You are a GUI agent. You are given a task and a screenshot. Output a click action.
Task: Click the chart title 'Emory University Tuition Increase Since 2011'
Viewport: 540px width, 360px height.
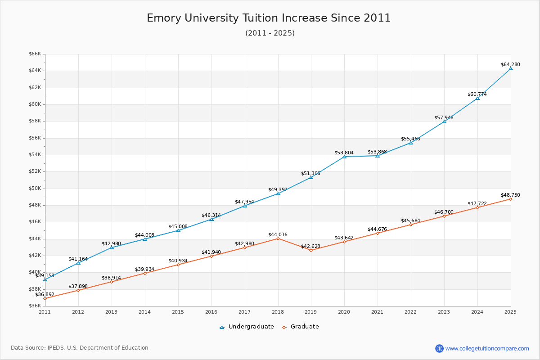pyautogui.click(x=269, y=18)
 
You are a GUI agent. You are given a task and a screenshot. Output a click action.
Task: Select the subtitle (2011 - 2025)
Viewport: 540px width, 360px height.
pyautogui.click(x=270, y=33)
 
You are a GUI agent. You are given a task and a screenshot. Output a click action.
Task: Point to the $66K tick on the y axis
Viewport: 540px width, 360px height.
pyautogui.click(x=35, y=54)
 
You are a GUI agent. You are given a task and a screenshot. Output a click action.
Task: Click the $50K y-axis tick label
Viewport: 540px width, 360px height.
pyautogui.click(x=35, y=188)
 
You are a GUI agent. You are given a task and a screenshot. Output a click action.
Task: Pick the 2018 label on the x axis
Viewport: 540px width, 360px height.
pyautogui.click(x=278, y=311)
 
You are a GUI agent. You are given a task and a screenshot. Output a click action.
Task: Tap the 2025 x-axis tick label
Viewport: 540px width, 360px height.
pyautogui.click(x=510, y=311)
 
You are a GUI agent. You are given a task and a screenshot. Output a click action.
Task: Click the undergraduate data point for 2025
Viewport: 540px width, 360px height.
pyautogui.click(x=511, y=68)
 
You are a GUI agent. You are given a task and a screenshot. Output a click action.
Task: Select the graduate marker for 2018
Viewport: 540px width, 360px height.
pyautogui.click(x=278, y=238)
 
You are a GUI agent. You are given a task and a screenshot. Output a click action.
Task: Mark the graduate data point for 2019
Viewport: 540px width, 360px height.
pyautogui.click(x=311, y=250)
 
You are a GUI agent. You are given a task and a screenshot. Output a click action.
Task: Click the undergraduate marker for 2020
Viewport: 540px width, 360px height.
pyautogui.click(x=344, y=157)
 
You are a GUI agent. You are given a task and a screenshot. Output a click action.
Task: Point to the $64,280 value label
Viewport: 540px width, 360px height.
pyautogui.click(x=510, y=64)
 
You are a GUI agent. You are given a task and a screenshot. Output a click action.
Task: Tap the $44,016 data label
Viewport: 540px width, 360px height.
pyautogui.click(x=278, y=234)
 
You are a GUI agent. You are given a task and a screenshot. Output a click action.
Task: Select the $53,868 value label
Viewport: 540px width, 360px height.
pyautogui.click(x=378, y=152)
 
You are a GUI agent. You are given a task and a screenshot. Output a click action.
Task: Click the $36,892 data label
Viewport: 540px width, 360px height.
pyautogui.click(x=45, y=294)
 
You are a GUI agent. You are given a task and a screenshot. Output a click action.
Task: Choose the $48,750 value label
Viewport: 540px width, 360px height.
pyautogui.click(x=510, y=195)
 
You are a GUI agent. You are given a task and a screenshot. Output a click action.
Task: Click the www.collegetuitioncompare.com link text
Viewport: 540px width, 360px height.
pyautogui.click(x=487, y=348)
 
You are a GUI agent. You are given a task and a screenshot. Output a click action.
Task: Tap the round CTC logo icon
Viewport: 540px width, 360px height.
pyautogui.click(x=439, y=348)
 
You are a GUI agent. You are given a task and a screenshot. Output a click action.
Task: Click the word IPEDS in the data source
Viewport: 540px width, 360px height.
pyautogui.click(x=55, y=348)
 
